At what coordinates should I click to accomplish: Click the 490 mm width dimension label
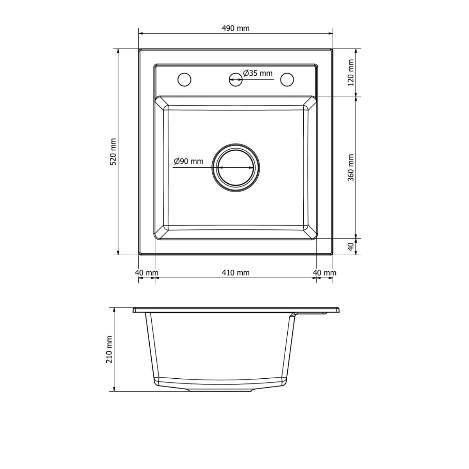pyautogui.click(x=235, y=28)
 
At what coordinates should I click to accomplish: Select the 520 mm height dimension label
pyautogui.click(x=113, y=152)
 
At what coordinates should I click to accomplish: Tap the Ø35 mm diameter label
pyautogui.click(x=258, y=73)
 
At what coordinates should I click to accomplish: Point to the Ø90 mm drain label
pyautogui.click(x=189, y=161)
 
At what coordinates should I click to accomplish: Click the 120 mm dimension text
pyautogui.click(x=351, y=73)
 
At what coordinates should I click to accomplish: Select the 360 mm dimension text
pyautogui.click(x=351, y=167)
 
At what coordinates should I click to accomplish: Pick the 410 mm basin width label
pyautogui.click(x=235, y=272)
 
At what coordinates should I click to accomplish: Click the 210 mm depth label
pyautogui.click(x=109, y=349)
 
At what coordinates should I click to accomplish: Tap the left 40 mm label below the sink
pyautogui.click(x=147, y=272)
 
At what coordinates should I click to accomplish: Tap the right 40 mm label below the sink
pyautogui.click(x=325, y=272)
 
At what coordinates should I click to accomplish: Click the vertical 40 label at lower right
pyautogui.click(x=351, y=247)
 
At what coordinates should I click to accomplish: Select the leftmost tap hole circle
pyautogui.click(x=184, y=79)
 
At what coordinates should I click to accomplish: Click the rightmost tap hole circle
pyautogui.click(x=287, y=79)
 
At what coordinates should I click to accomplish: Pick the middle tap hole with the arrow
pyautogui.click(x=235, y=79)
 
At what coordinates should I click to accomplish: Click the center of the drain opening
pyautogui.click(x=235, y=167)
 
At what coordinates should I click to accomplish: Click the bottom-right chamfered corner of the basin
pyautogui.click(x=310, y=233)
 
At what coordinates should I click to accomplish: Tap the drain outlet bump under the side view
pyautogui.click(x=221, y=390)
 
